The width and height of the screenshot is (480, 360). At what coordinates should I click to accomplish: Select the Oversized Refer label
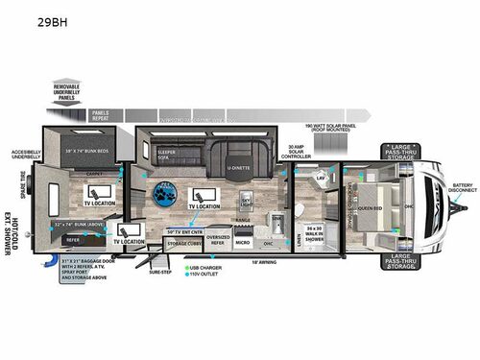point(218,237)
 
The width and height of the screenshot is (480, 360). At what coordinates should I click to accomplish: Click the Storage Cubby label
point(182,243)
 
